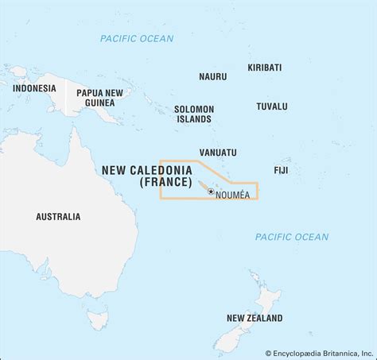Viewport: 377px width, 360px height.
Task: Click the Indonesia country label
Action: tap(34, 88)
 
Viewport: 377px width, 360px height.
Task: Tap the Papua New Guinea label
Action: tap(99, 99)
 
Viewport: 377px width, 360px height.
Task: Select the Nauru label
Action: tap(212, 76)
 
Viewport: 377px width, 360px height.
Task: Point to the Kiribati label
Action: tap(264, 68)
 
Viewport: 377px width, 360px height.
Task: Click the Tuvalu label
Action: tap(272, 106)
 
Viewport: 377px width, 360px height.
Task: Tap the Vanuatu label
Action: tap(217, 152)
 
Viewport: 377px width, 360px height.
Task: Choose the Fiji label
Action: tap(280, 170)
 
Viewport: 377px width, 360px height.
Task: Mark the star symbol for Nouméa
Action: tap(211, 190)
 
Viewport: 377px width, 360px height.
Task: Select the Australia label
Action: tap(58, 216)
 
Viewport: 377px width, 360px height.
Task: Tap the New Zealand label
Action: tap(254, 318)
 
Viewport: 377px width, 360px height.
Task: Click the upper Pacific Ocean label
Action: tap(137, 38)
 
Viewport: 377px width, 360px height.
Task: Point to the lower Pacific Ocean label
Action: tap(291, 237)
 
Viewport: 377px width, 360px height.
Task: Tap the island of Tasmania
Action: tap(97, 319)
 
